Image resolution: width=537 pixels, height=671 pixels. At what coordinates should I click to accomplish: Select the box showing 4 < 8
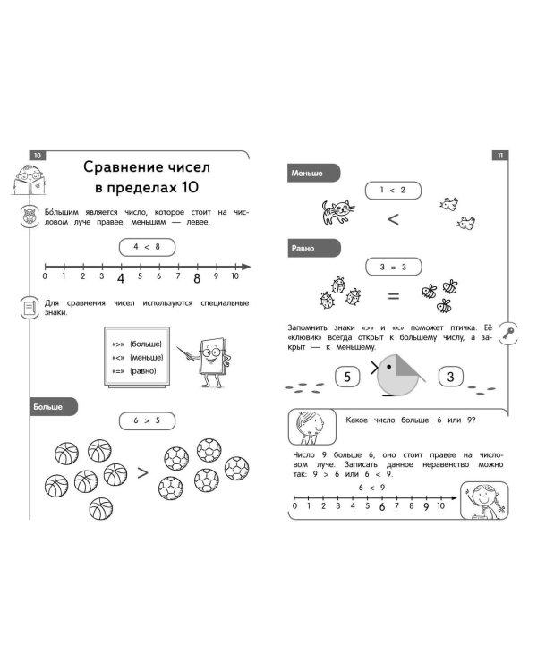click(146, 245)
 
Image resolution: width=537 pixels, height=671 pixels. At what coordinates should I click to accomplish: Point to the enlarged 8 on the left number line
click(197, 278)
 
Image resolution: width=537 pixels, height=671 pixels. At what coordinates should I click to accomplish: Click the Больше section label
click(49, 405)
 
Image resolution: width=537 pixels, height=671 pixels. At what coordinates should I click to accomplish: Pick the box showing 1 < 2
click(392, 190)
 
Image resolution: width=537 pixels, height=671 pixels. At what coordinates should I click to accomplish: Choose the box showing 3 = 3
click(392, 266)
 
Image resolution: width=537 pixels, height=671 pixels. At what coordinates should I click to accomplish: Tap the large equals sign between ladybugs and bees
click(393, 296)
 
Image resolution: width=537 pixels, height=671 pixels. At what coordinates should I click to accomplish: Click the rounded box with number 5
click(346, 377)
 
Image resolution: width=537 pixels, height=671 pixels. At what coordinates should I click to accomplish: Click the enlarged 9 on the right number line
click(426, 507)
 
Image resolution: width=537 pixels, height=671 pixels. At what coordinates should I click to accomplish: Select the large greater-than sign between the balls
click(142, 470)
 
